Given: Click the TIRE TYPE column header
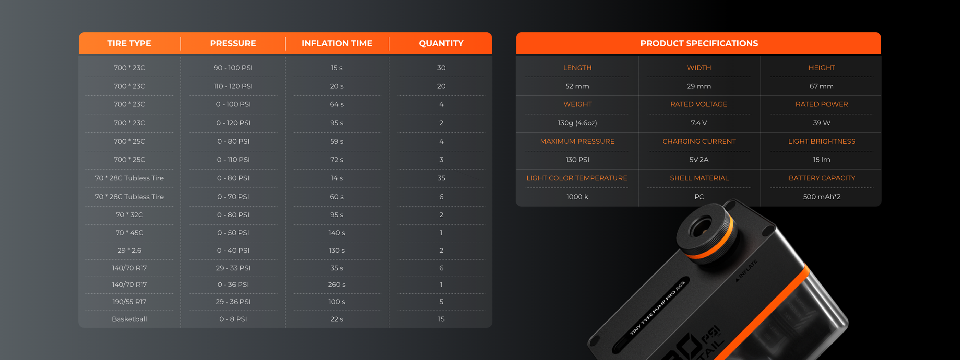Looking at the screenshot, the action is (x=129, y=43).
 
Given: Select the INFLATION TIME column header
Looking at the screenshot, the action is (x=337, y=43).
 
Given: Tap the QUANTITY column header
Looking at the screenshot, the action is (x=441, y=43).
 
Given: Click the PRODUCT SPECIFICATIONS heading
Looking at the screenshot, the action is (x=699, y=43).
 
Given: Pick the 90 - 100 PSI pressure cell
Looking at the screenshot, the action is (x=233, y=68).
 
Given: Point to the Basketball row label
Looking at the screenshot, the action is (x=129, y=319).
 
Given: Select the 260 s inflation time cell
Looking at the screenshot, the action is (x=337, y=284).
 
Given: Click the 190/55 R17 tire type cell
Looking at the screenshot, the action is (x=129, y=302).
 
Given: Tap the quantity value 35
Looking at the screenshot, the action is (x=441, y=178).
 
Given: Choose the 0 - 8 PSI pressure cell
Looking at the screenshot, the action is (x=233, y=319).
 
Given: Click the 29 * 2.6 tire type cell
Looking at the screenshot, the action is (x=129, y=250).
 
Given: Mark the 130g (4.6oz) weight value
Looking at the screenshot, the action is (x=577, y=123).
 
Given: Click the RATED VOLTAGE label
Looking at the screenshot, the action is (x=699, y=104).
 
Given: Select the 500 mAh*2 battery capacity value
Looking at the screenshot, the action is (x=822, y=197).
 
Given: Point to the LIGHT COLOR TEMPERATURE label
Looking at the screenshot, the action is (x=577, y=178).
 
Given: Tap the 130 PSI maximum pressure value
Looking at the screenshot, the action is (x=577, y=160).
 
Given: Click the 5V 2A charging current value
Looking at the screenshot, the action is (x=699, y=160).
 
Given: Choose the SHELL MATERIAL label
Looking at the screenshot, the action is (x=699, y=178).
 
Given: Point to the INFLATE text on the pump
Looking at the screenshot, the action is (x=747, y=270).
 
